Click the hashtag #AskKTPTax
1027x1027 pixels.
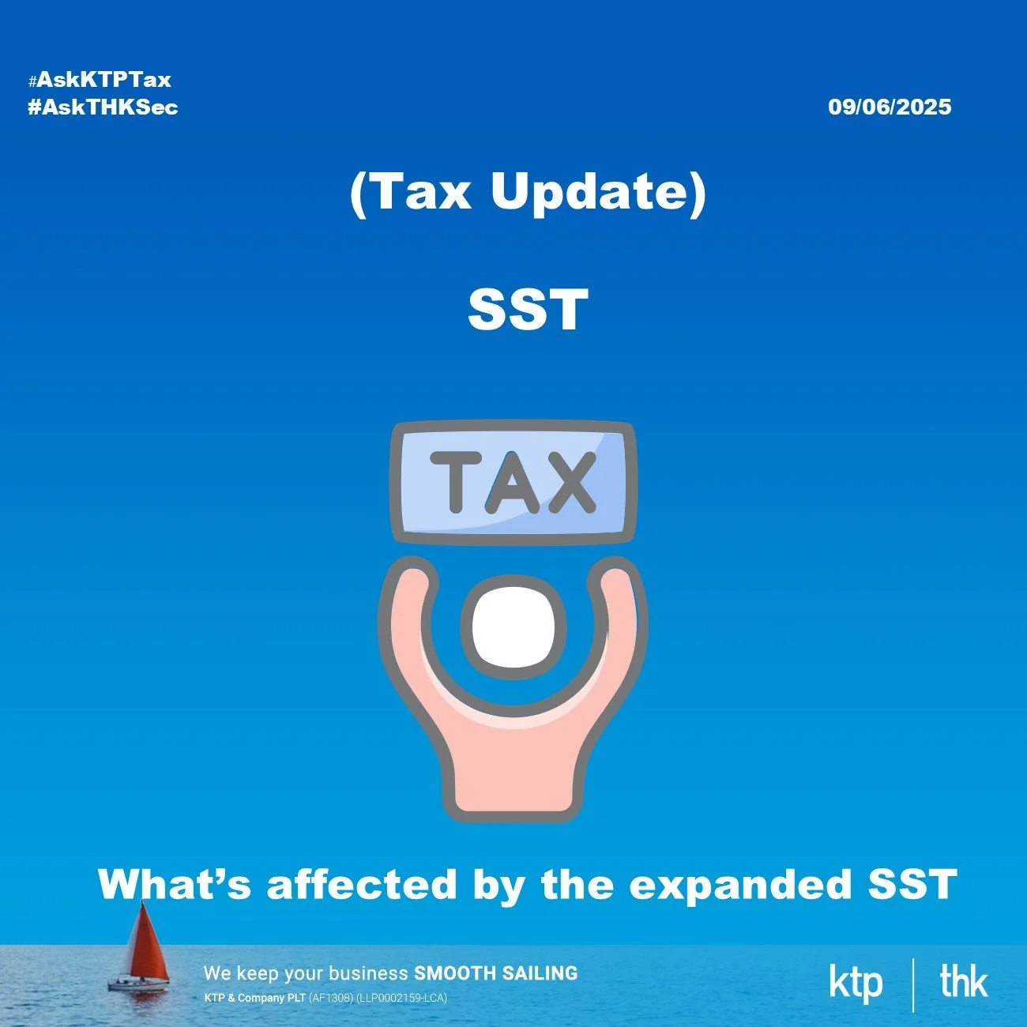pos(100,80)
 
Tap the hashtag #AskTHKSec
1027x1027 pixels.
pos(103,107)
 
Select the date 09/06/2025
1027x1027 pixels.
pos(890,107)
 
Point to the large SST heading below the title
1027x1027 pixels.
pos(528,310)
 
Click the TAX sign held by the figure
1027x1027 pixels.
pos(513,482)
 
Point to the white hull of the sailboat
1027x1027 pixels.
pos(138,985)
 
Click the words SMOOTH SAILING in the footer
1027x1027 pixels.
pos(495,973)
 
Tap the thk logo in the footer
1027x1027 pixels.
pos(963,982)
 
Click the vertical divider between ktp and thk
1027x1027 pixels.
pos(912,984)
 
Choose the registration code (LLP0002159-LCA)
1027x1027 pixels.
pos(401,998)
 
